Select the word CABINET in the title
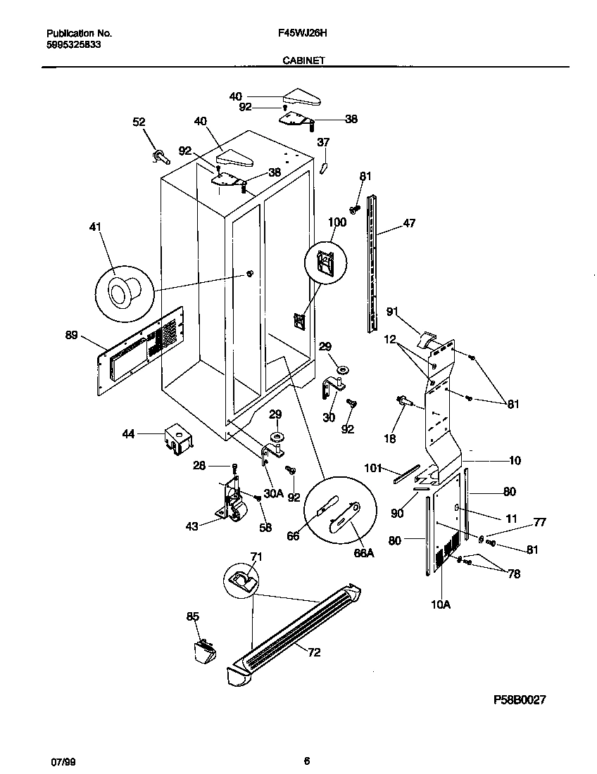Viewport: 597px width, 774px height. (x=303, y=61)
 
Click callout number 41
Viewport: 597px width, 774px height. (x=96, y=227)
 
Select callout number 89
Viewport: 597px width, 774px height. (x=71, y=336)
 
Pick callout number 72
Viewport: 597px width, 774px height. (x=313, y=652)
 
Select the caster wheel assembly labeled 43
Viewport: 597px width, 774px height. (x=232, y=502)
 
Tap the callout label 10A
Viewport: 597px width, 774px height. (x=440, y=602)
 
